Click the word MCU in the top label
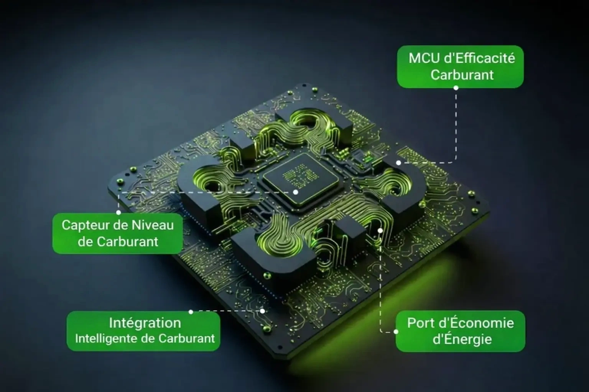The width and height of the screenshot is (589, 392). (x=424, y=58)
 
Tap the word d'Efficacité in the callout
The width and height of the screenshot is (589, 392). (x=480, y=58)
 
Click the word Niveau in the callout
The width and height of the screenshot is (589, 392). (x=153, y=225)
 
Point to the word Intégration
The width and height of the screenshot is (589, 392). (x=145, y=323)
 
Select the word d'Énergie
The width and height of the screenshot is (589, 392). (x=462, y=339)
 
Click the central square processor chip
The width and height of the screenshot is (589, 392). (x=300, y=180)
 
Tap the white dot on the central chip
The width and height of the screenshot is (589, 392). (x=296, y=192)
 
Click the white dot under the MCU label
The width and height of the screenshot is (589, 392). (x=456, y=88)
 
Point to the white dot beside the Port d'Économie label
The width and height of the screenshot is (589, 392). (x=396, y=332)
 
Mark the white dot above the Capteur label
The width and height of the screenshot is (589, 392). (x=118, y=212)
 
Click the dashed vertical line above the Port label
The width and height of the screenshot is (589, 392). (x=380, y=281)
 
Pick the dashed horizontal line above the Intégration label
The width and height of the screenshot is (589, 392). (x=227, y=311)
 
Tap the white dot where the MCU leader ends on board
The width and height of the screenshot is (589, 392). (x=399, y=163)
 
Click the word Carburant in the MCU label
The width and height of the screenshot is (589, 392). (x=462, y=75)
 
